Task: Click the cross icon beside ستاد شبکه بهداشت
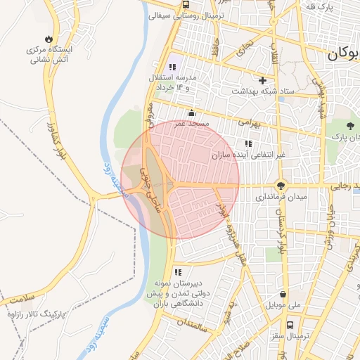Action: pos(264,81)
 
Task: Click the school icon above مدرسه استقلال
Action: pos(172,67)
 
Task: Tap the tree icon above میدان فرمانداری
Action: pos(281,186)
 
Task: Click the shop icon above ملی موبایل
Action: pos(283,295)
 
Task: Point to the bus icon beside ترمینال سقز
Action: pos(281,337)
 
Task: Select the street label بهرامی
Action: pos(248,122)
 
